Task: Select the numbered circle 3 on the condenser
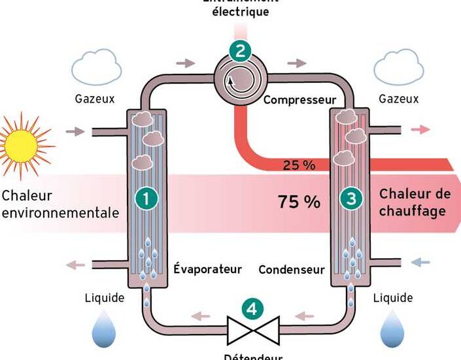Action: pos(352,200)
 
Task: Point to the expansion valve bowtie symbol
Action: pos(252,330)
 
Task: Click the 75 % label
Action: pos(299,202)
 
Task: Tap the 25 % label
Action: pos(299,165)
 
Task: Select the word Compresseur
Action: pos(299,101)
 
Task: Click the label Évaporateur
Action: pos(208,269)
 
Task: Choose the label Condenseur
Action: pos(292,269)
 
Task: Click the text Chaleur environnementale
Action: pos(60,204)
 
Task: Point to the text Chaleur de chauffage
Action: pos(415,203)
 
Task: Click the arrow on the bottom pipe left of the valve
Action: pos(200,316)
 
